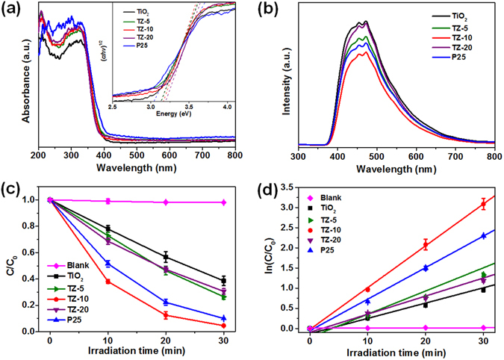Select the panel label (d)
pyautogui.click(x=270, y=189)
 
